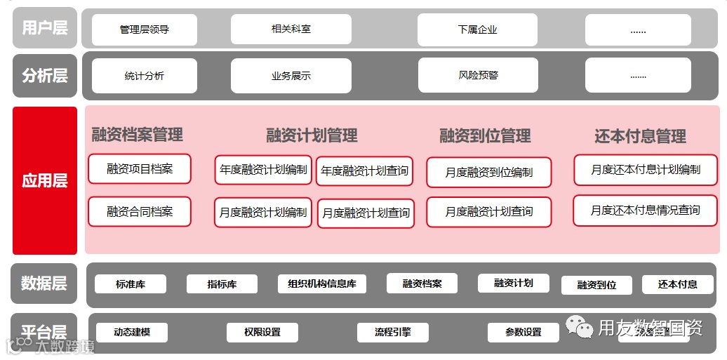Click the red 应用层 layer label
(x=45, y=180)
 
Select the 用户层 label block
(x=45, y=28)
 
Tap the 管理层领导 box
(x=145, y=29)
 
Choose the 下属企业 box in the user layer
(x=477, y=29)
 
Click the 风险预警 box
(x=478, y=75)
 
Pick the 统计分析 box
(x=145, y=76)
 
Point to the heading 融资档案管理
(x=138, y=134)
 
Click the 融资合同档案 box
(x=140, y=211)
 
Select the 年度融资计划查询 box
(x=365, y=171)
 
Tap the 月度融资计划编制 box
(x=263, y=212)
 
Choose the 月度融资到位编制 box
(x=489, y=172)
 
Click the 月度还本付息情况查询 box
(x=645, y=211)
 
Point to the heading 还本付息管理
(x=640, y=136)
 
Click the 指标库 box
(x=222, y=284)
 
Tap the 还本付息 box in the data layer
(x=677, y=284)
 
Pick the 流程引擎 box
(x=393, y=332)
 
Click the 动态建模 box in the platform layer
(x=132, y=332)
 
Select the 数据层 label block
(x=44, y=284)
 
